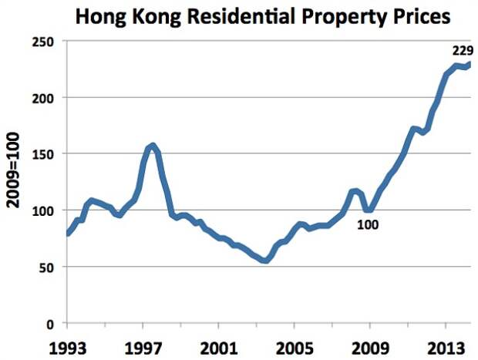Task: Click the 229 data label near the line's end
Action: coord(462,52)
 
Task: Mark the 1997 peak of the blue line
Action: coord(153,145)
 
